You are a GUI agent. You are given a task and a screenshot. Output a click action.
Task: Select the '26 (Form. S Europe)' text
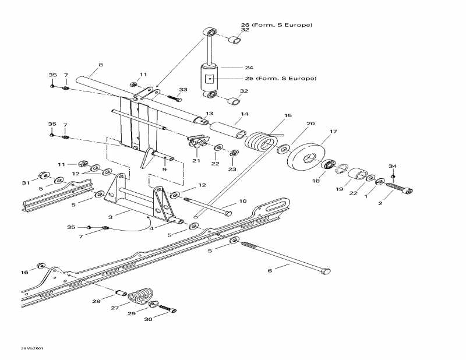pyautogui.click(x=276, y=25)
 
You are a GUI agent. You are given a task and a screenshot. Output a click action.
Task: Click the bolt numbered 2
pyautogui.click(x=400, y=190)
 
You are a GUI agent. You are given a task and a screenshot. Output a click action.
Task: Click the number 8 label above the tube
pyautogui.click(x=100, y=65)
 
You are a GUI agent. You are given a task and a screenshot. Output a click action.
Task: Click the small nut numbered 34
pyautogui.click(x=393, y=177)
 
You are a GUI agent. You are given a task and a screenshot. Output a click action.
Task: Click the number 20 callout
pyautogui.click(x=310, y=123)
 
